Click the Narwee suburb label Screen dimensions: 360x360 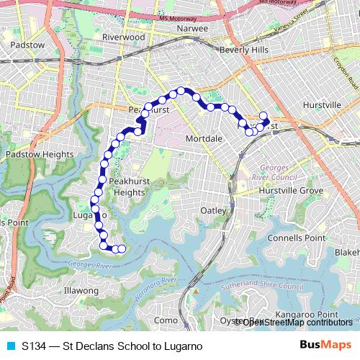(194, 29)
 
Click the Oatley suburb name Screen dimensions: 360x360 (212, 210)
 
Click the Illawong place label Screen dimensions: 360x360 (81, 290)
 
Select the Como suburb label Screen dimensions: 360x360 (166, 320)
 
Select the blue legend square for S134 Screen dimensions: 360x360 (10, 346)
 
